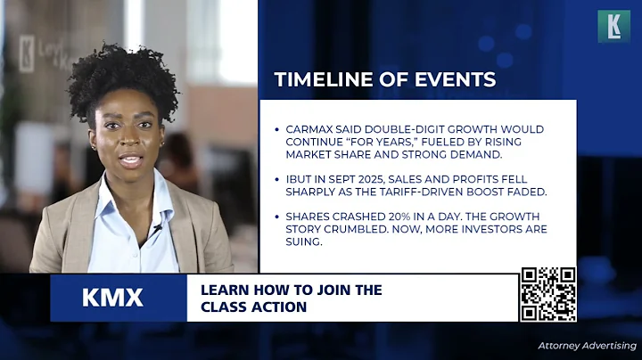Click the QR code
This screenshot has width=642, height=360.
(547, 294)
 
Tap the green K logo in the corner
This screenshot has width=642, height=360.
(613, 26)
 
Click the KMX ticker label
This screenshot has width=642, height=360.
(112, 298)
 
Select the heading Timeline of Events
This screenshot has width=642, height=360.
(384, 79)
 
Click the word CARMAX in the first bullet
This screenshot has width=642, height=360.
(309, 129)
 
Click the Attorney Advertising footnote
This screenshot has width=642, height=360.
(587, 345)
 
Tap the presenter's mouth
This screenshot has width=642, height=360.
(130, 160)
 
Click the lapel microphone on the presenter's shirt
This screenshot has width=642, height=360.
(158, 228)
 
